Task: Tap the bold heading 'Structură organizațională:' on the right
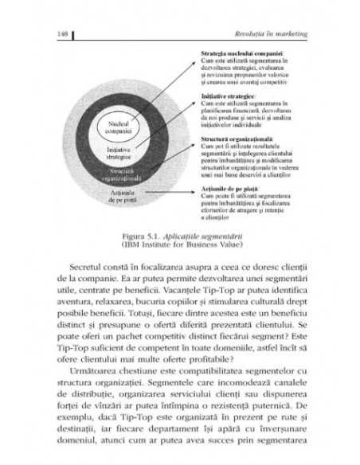(234, 138)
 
